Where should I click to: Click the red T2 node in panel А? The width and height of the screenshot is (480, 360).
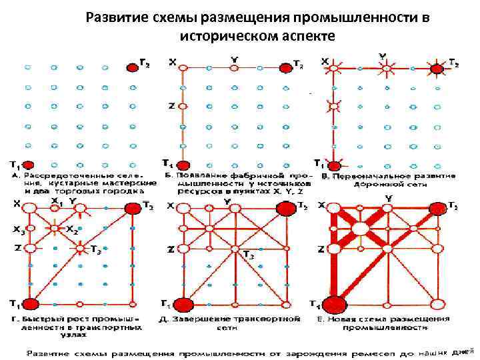tap(132, 67)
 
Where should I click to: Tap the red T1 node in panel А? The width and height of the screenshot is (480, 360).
tap(28, 163)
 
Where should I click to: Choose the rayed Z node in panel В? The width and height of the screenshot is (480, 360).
tap(333, 105)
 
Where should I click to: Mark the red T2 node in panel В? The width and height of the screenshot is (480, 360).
tap(437, 67)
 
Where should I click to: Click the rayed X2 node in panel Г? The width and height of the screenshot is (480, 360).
tap(53, 228)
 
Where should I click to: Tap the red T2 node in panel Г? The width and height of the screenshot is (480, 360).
tap(131, 207)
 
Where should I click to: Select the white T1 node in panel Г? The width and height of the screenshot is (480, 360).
tap(29, 303)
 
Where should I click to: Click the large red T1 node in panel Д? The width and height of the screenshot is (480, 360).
tap(183, 305)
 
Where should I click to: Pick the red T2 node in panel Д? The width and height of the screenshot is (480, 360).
tap(286, 208)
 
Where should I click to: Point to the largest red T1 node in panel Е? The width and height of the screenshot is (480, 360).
tap(335, 305)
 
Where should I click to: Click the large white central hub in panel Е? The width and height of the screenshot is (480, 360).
tap(361, 229)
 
